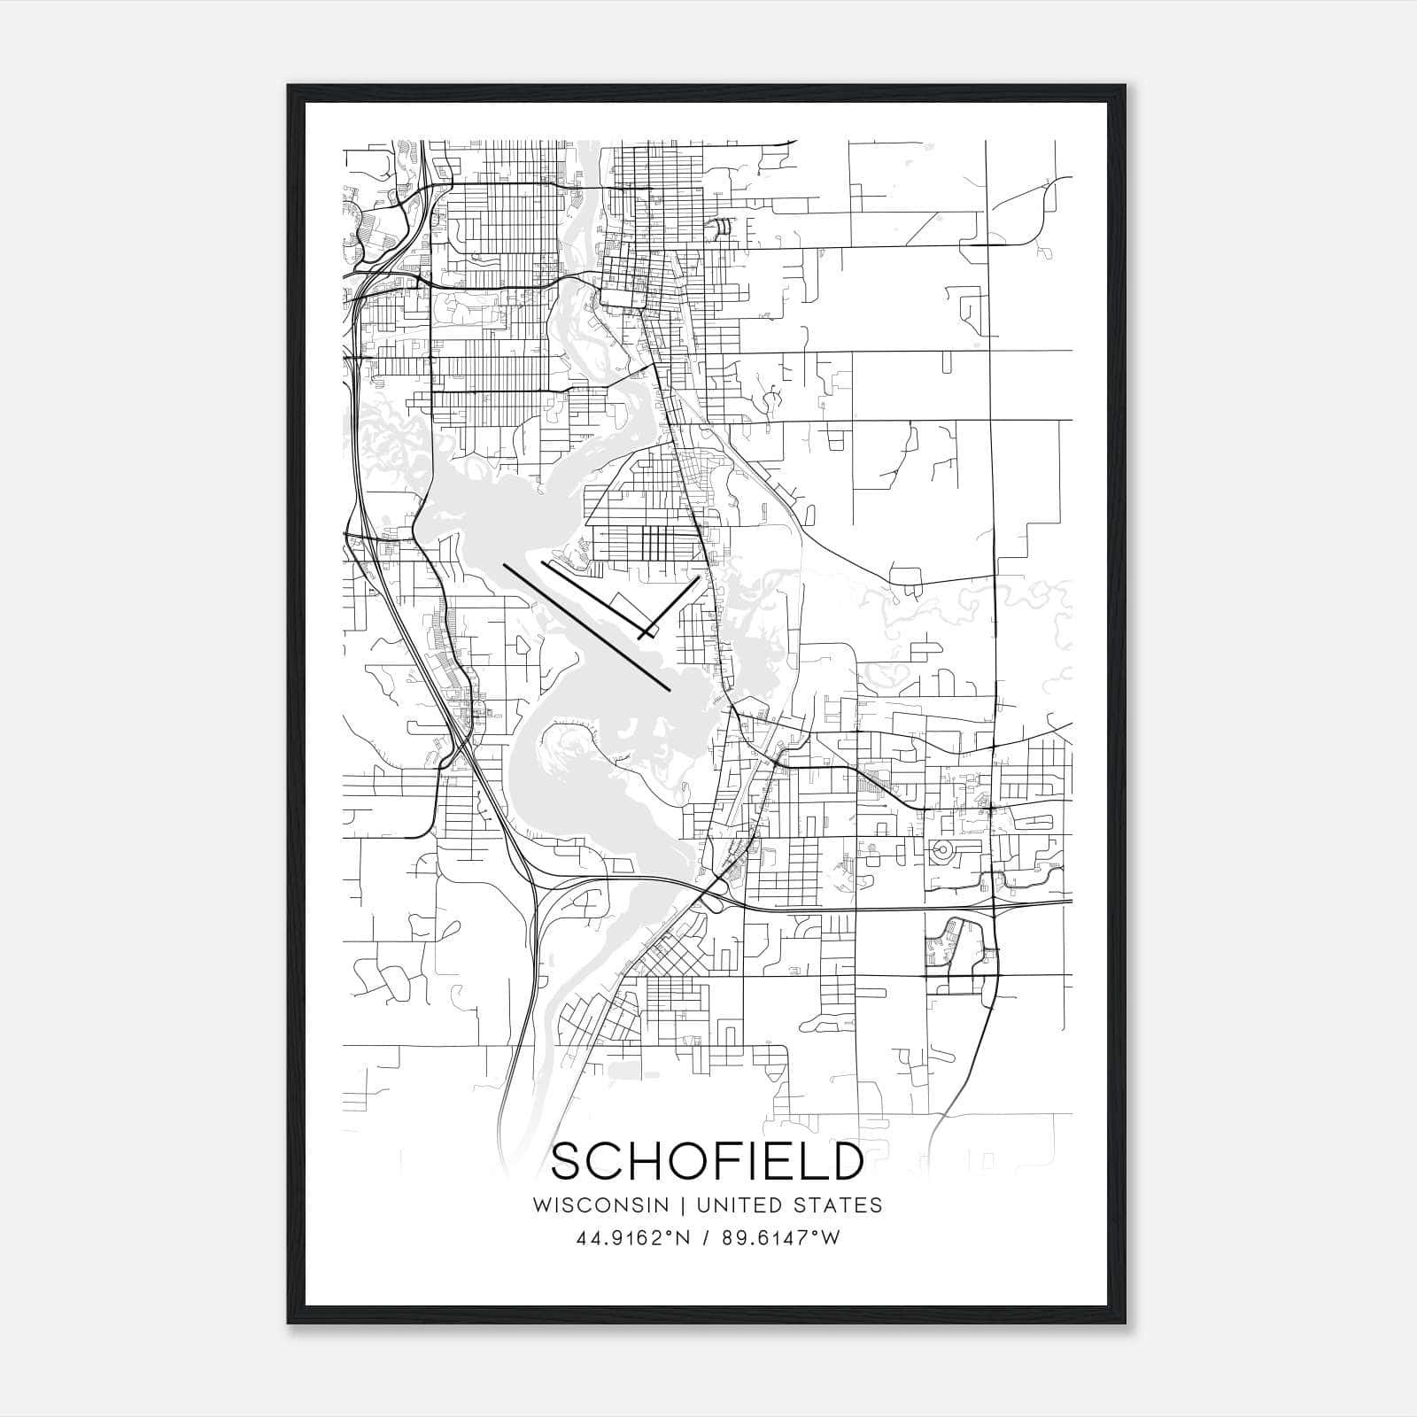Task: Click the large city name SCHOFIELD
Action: point(707,1161)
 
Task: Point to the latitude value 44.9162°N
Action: point(631,1238)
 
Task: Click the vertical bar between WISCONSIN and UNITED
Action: point(683,1205)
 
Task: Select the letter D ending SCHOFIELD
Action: point(847,1161)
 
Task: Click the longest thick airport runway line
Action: point(586,625)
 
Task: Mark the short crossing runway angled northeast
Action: point(670,608)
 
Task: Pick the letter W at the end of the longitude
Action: point(829,1238)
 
